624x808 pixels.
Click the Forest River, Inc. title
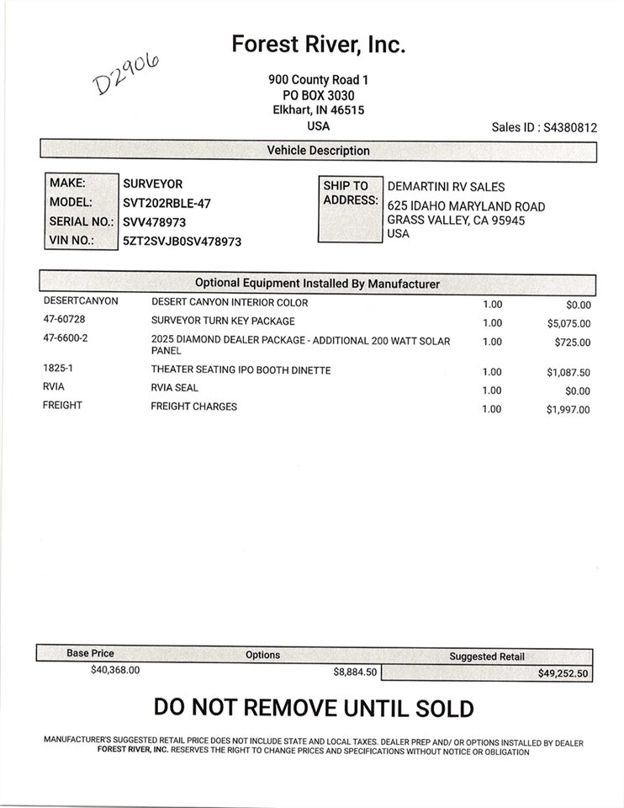pos(319,45)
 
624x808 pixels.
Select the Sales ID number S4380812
pos(570,128)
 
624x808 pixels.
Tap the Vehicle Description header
pos(318,151)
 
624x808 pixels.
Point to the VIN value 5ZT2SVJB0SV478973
pos(182,242)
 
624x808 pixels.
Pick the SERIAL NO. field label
pos(81,222)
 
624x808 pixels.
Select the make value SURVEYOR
pos(152,183)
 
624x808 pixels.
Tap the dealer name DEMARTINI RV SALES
pos(446,186)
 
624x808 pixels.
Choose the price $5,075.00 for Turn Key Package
pos(568,323)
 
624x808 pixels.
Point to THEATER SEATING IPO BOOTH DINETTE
pos(241,370)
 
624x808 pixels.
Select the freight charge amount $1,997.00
pos(568,410)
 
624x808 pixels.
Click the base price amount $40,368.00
pos(115,671)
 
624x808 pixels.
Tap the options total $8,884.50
pos(356,672)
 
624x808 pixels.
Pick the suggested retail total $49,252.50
pos(564,674)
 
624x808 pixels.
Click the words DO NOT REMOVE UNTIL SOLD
pos(314,709)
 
